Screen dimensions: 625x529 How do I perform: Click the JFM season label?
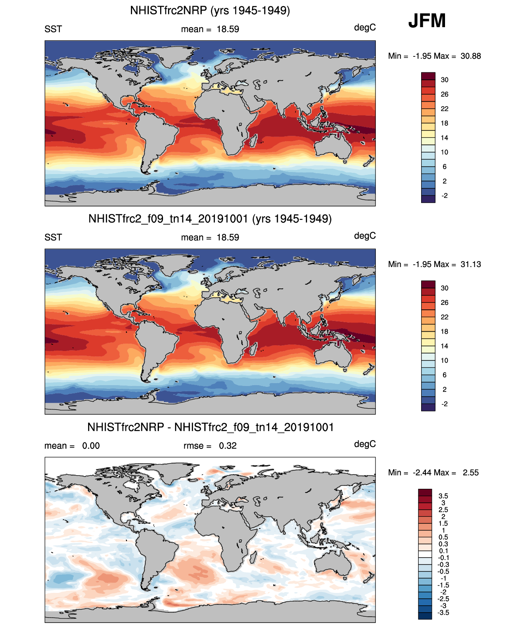click(427, 21)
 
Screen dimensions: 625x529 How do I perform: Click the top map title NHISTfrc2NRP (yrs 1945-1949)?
click(210, 10)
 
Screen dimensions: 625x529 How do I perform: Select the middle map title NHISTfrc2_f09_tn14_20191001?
click(210, 218)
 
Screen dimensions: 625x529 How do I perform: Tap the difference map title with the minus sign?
click(210, 427)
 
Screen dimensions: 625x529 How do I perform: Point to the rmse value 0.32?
click(228, 446)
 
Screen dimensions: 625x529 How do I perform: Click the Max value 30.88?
click(471, 56)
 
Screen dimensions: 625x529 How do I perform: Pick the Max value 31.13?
click(471, 264)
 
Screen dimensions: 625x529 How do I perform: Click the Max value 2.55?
click(471, 472)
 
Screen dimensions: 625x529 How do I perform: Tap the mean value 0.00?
click(91, 446)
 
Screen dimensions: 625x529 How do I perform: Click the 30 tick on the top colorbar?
click(445, 80)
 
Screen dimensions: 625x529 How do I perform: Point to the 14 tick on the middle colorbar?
click(445, 346)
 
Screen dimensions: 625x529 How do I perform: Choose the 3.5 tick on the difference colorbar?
click(443, 496)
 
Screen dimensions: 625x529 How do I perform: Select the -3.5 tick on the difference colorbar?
click(443, 613)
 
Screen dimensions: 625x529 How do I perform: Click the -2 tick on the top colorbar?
click(445, 196)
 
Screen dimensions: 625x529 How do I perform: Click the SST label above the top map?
click(53, 29)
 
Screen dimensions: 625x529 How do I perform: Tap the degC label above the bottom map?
click(365, 444)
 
